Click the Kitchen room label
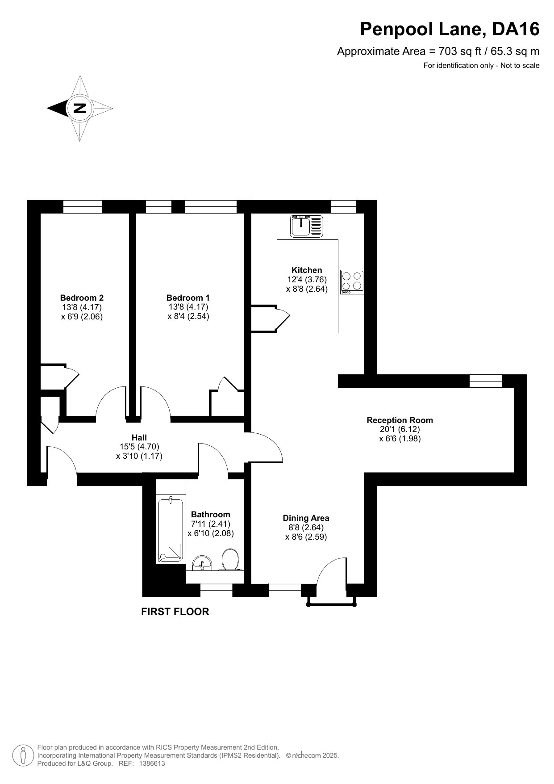[307, 270]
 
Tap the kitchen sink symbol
[307, 226]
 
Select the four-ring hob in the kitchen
[352, 282]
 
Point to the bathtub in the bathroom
[170, 530]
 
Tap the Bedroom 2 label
[82, 298]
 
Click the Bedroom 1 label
[188, 298]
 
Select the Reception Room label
[400, 420]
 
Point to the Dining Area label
[306, 518]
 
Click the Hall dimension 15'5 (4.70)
[139, 446]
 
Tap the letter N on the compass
[80, 108]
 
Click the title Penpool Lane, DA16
[450, 29]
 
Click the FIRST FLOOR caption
[175, 612]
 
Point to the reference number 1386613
[152, 763]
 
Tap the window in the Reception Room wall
[486, 381]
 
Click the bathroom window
[217, 590]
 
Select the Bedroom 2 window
[83, 206]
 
